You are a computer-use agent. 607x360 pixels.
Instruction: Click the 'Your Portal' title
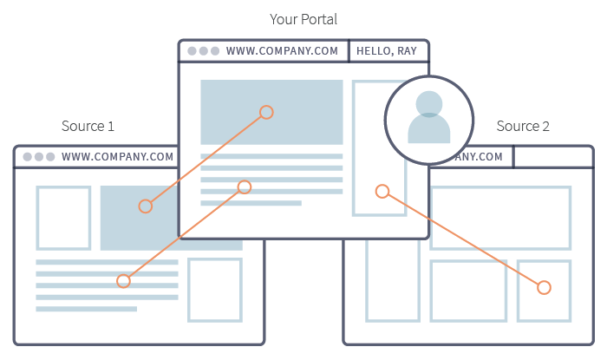(x=303, y=18)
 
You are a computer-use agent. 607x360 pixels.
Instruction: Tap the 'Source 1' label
(x=88, y=127)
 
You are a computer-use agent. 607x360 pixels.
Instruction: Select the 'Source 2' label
(x=523, y=127)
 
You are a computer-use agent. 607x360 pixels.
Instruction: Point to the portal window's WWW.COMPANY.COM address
(x=282, y=51)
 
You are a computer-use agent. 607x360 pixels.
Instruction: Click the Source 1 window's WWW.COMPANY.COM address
(x=117, y=157)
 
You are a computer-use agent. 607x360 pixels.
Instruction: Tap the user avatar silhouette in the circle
(x=429, y=118)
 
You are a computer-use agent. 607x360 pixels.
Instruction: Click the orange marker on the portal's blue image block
(x=266, y=112)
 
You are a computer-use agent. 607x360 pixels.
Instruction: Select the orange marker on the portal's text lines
(x=245, y=187)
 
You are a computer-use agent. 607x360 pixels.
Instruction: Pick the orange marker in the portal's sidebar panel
(x=381, y=191)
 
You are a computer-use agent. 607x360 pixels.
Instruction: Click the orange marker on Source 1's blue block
(x=146, y=206)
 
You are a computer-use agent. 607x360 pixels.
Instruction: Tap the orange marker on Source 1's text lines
(x=123, y=281)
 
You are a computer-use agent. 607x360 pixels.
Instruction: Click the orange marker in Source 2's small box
(x=544, y=287)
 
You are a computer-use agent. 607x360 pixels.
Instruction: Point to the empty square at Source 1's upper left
(x=63, y=218)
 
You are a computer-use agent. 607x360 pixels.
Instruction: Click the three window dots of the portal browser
(x=203, y=51)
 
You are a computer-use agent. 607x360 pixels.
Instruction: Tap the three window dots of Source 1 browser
(x=39, y=157)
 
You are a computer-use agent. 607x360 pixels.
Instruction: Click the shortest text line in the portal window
(x=251, y=203)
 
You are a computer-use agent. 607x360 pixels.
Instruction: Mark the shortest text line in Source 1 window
(x=86, y=309)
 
